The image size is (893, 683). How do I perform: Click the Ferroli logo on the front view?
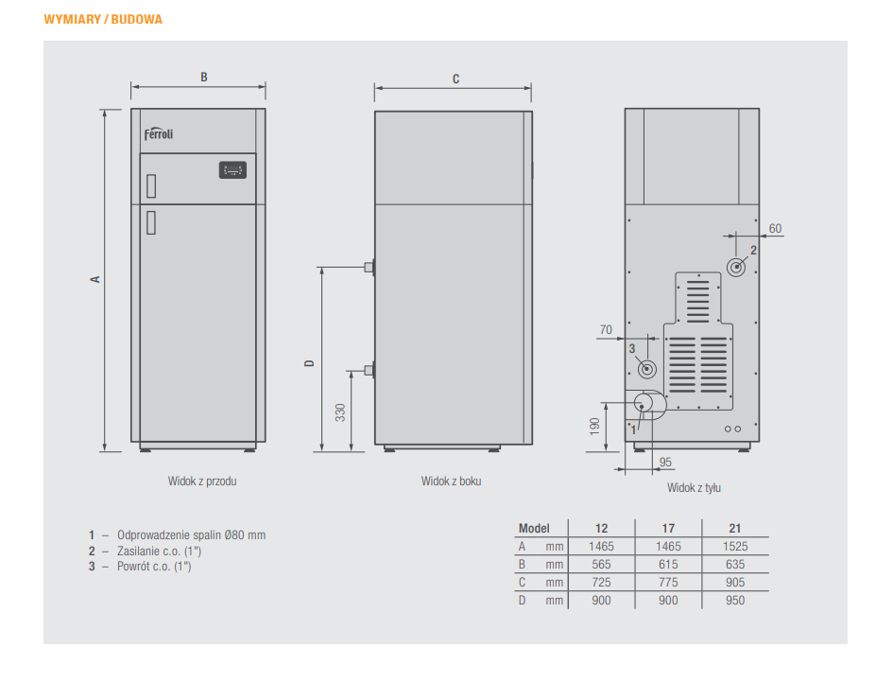pos(159,133)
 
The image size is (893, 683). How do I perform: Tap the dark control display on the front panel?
pos(232,170)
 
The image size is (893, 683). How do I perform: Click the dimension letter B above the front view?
pos(204,78)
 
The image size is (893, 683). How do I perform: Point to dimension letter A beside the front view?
pos(94,280)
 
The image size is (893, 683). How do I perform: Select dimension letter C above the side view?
pos(455,79)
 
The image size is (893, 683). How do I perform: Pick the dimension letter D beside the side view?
pos(309,363)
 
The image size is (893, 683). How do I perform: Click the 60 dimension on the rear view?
pos(775,229)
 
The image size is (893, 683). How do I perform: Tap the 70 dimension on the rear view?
pos(606,330)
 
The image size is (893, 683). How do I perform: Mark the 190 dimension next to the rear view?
pos(594,426)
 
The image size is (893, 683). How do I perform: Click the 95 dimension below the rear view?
pos(665,462)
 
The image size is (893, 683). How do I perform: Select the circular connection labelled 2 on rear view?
pos(737,266)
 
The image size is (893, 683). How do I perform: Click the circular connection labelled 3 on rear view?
pos(647,368)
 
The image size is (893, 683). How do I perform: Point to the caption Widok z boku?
pos(451,482)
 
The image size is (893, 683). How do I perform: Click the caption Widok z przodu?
pos(202,482)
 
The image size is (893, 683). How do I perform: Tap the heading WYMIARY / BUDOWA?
pos(103,19)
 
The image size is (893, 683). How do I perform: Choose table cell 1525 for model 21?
pos(735,547)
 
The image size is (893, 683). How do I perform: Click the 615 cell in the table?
pos(668,565)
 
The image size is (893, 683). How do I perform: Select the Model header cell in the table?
pos(534,529)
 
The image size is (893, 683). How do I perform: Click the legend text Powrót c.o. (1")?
pos(153,567)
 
